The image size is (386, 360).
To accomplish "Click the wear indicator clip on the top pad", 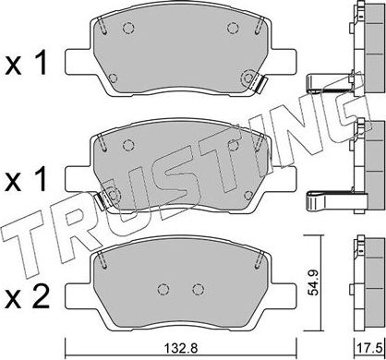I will pos(258,85).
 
